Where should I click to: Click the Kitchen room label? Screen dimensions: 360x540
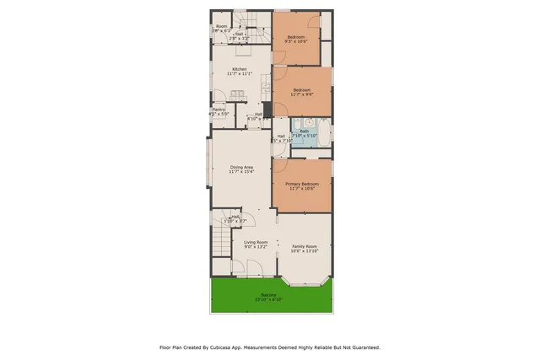(x=240, y=69)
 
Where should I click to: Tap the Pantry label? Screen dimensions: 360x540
(x=219, y=109)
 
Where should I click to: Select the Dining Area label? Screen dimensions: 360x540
(x=241, y=167)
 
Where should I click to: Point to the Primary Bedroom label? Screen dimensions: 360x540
(x=301, y=184)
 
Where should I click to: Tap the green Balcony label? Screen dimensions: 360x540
(x=268, y=294)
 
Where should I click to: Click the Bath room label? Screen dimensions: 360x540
(x=303, y=131)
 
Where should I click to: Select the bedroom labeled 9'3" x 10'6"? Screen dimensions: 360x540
(x=295, y=37)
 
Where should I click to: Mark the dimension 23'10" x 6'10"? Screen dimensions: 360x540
(x=268, y=299)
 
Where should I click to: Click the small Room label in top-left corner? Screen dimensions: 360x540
(x=222, y=26)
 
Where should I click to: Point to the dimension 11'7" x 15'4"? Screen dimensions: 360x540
(x=241, y=172)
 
